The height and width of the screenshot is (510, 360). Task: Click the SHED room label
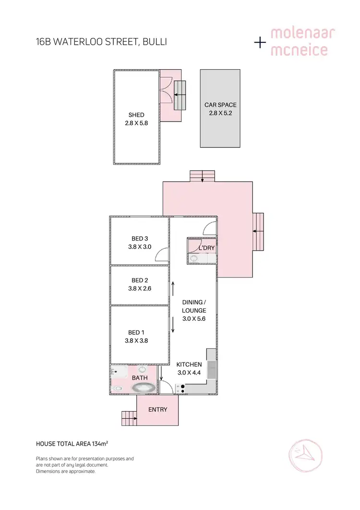pos(136,115)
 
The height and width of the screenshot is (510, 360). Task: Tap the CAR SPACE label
pos(220,105)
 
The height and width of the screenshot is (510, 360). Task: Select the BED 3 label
pos(140,239)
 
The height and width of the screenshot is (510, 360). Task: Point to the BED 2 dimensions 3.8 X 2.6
pos(140,289)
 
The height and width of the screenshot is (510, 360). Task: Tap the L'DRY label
pos(206,248)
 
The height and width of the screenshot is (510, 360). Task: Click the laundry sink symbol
pos(194,258)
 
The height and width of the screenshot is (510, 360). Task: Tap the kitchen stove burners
pos(181,389)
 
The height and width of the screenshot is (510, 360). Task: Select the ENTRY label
pos(157,409)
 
